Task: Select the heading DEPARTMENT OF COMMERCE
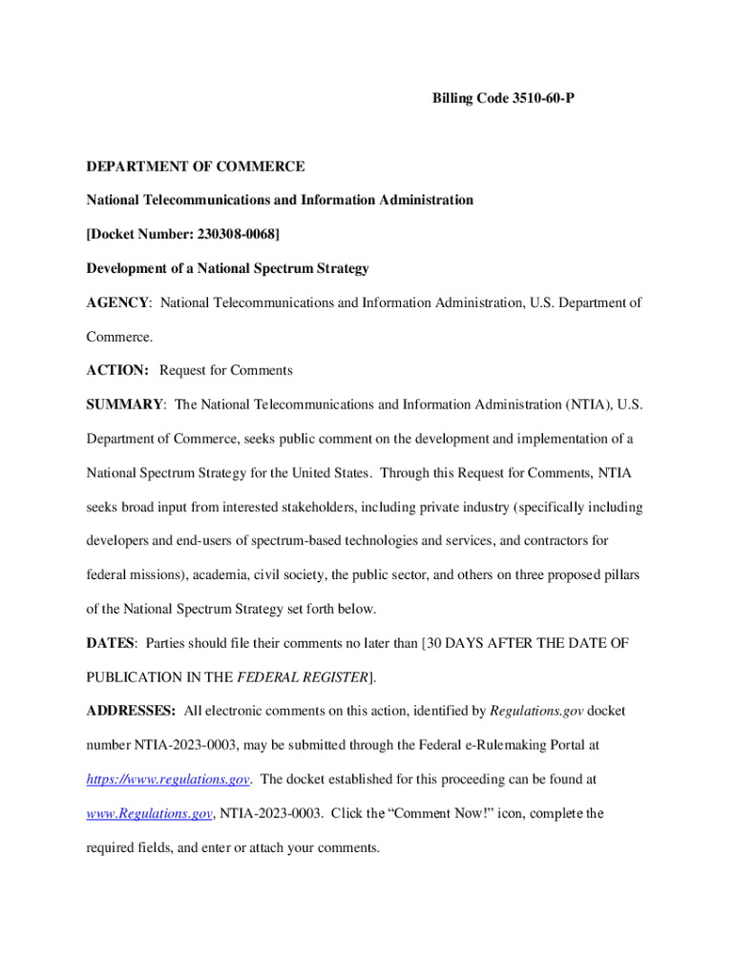point(196,166)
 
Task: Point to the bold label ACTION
point(117,370)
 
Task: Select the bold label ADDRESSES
point(131,711)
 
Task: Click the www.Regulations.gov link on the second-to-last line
point(149,814)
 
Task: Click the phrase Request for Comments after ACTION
point(226,370)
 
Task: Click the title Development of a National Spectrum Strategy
point(227,269)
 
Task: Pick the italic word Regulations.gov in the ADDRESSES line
point(536,711)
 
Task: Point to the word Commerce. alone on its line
point(119,337)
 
